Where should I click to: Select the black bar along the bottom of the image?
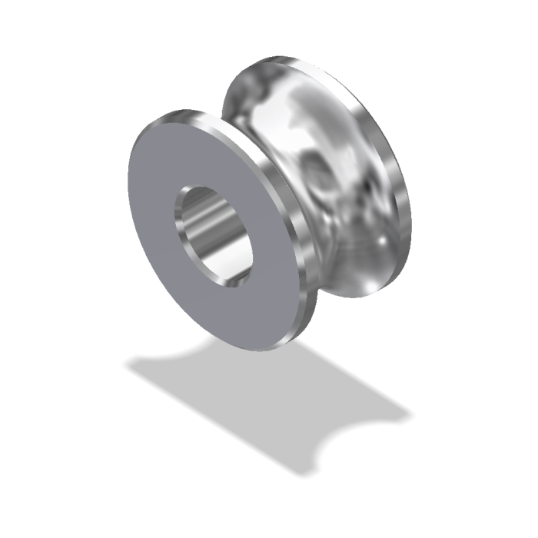[269, 516]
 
